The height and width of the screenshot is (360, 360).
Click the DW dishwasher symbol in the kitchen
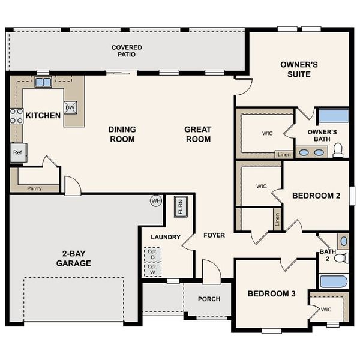pos(70,107)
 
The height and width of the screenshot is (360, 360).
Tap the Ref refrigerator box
pos(17,152)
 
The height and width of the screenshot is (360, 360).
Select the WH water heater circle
pos(156,201)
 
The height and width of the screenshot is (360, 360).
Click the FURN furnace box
pos(180,207)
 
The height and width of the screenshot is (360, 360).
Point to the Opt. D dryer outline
pos(152,254)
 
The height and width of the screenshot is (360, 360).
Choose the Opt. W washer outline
pos(152,269)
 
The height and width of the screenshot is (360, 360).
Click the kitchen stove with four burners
pos(16,116)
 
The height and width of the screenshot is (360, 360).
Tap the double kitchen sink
pos(43,82)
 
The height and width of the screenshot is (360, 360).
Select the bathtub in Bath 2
pos(333,281)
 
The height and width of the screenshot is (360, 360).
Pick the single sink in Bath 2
pos(343,241)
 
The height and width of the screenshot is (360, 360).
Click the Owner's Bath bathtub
pos(333,116)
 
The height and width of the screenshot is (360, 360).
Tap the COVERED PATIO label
pos(127,51)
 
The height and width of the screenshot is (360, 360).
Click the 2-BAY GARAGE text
pos(74,258)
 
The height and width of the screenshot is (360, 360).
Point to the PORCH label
pos(209,299)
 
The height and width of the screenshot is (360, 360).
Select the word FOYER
pos(214,235)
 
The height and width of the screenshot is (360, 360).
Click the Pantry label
pos(34,188)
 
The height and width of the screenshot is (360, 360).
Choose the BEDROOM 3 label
pos(272,294)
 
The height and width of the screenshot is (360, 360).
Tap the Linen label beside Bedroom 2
pos(277,219)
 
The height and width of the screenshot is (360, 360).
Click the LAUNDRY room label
pos(166,237)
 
